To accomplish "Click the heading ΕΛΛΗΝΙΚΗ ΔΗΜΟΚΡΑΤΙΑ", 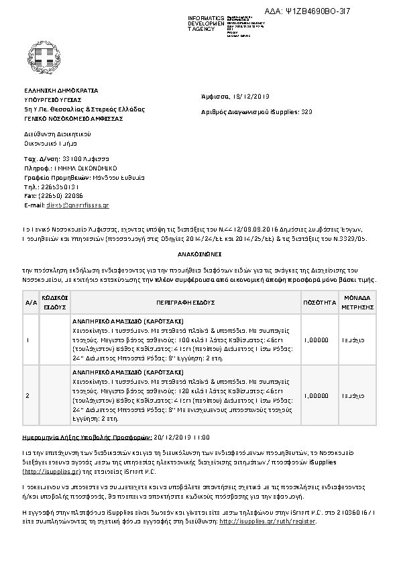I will click(61, 89).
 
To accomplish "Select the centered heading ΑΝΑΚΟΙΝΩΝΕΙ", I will click(199, 256).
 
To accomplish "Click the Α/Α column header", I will click(31, 303).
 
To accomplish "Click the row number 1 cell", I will click(27, 340).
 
